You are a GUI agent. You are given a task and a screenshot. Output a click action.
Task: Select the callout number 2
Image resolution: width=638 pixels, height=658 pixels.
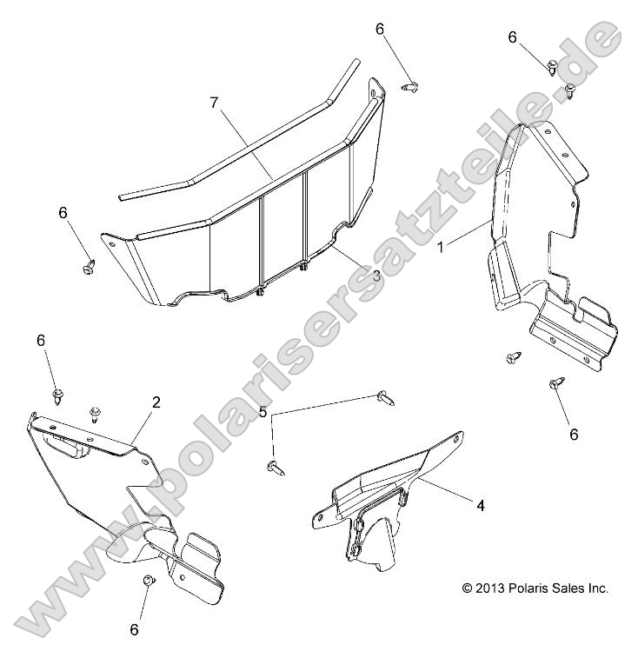point(156,402)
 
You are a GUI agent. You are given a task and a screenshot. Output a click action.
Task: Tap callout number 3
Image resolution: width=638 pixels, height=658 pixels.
point(376,276)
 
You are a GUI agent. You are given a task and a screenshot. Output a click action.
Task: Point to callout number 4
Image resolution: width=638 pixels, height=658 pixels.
point(481,506)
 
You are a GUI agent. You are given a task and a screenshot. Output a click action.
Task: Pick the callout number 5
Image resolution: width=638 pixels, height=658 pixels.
point(263,412)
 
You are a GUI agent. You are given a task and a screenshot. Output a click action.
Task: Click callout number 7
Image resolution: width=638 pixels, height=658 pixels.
point(215,103)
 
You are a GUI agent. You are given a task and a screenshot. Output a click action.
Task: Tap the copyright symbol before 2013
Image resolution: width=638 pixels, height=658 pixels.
point(467,588)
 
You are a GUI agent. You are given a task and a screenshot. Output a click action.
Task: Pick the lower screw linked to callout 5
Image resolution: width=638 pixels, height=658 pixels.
point(275,467)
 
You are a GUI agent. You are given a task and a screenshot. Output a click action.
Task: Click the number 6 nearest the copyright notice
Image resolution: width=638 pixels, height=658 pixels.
point(574,434)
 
